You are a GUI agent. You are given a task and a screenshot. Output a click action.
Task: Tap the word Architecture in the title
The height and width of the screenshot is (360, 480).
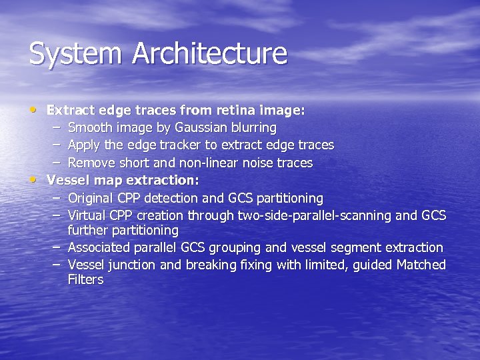pos(209,54)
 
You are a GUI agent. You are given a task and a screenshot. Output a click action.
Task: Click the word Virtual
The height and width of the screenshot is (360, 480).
pos(88,216)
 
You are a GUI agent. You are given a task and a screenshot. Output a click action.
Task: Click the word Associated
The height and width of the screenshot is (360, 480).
pos(101,248)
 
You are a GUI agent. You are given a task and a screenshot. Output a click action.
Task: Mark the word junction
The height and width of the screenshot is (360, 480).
pos(134,265)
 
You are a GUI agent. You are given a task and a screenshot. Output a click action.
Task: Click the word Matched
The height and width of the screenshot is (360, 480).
pos(421,265)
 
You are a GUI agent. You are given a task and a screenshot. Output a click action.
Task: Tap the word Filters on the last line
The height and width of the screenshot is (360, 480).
pos(85,280)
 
